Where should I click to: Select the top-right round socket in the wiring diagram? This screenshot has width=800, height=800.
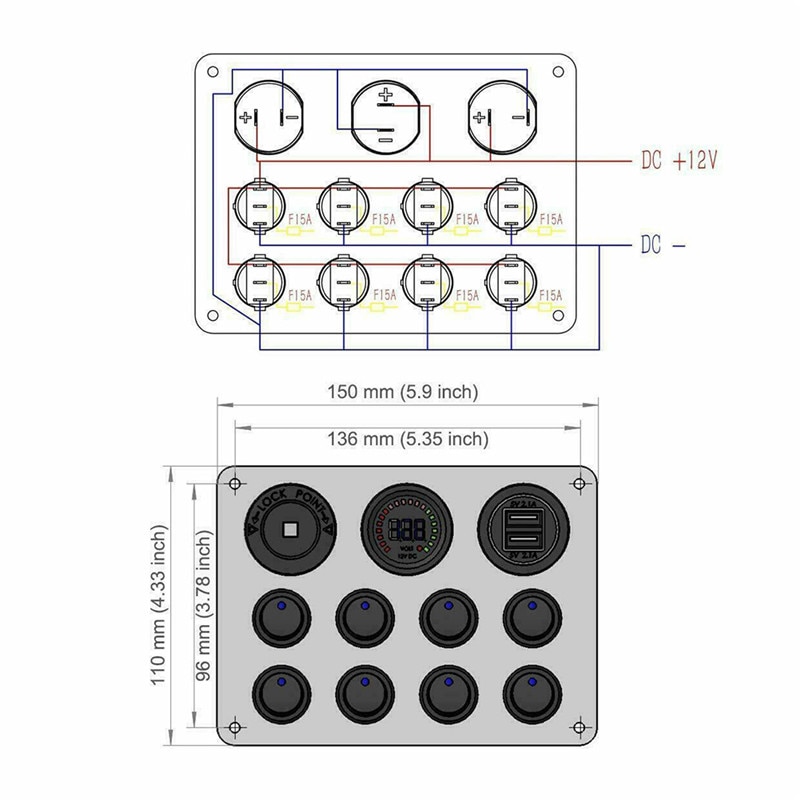point(500,117)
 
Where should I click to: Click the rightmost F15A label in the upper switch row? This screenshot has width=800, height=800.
point(551,219)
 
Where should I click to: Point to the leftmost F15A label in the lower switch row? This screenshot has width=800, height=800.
point(299,295)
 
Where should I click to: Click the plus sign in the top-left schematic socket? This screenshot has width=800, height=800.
point(245,118)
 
